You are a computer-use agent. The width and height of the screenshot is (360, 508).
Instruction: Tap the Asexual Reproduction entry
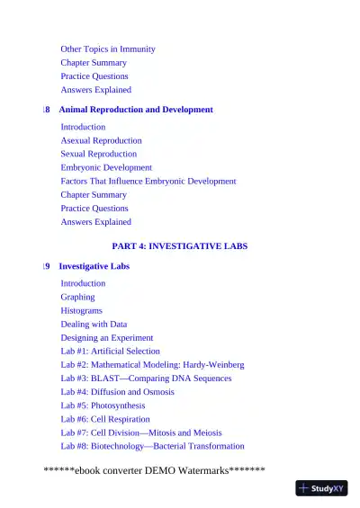point(101,141)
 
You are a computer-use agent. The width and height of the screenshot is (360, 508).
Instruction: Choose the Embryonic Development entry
point(106,168)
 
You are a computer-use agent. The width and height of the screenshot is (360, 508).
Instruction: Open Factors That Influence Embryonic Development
point(148,182)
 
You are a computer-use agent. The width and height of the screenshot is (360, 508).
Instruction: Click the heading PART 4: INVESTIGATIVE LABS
point(180,245)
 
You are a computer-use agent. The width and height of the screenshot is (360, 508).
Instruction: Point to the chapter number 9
point(47,267)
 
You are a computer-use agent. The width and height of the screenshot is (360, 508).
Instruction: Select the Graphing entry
point(77,297)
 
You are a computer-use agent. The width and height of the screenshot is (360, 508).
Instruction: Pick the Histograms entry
point(82,311)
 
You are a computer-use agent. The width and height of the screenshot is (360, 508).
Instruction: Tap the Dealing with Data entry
point(94,325)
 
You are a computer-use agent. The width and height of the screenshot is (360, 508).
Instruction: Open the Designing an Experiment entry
point(107,338)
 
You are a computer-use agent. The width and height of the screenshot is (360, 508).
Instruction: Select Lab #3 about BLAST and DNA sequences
point(146,379)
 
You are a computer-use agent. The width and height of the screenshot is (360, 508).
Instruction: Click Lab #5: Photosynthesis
point(105,406)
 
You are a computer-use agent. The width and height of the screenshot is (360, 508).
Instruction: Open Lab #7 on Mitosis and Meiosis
point(139,432)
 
